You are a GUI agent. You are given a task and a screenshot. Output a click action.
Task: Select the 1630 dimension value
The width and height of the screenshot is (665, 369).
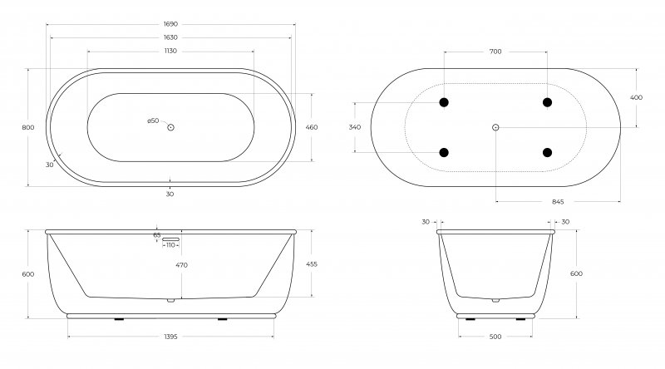click(x=170, y=38)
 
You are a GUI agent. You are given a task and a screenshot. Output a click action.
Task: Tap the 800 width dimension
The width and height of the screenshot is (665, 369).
click(x=27, y=127)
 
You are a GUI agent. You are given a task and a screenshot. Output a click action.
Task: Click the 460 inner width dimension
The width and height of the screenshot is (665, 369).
click(x=312, y=127)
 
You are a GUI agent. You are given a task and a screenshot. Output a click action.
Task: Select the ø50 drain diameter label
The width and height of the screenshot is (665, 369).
click(x=153, y=121)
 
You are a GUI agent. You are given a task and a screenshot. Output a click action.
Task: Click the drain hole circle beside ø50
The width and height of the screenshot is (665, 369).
click(x=170, y=127)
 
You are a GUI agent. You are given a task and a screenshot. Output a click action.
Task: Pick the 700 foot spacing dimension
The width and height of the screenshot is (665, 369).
click(x=495, y=52)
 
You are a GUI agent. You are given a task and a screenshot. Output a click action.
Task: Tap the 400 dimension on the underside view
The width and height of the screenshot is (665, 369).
click(x=636, y=97)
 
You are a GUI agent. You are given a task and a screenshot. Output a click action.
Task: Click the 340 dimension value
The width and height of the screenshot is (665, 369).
click(x=355, y=127)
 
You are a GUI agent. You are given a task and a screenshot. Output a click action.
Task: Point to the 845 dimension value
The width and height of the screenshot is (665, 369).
click(x=558, y=201)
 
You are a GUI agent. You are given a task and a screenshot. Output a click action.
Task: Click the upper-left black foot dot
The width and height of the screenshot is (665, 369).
click(x=444, y=102)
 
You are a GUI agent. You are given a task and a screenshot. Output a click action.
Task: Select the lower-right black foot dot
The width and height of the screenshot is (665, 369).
click(x=547, y=152)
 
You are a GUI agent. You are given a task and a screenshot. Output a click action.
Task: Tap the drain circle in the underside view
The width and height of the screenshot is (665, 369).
click(x=495, y=127)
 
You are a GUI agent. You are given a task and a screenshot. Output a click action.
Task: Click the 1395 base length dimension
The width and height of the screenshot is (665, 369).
click(x=170, y=337)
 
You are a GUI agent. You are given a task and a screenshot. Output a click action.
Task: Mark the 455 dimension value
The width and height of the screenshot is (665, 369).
click(x=312, y=263)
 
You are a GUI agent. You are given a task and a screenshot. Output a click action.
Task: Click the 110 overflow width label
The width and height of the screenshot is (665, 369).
click(x=170, y=245)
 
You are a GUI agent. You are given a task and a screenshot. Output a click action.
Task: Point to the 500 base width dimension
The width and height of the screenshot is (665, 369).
click(x=495, y=337)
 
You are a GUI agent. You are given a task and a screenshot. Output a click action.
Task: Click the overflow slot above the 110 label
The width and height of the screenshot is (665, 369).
click(x=170, y=238)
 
